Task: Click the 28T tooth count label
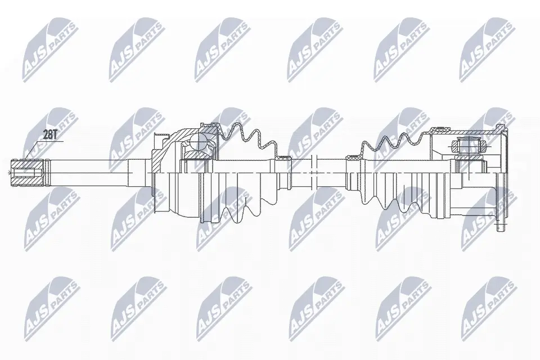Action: tap(49, 136)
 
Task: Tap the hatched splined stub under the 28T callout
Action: tap(28, 172)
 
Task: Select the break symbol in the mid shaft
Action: tap(313, 172)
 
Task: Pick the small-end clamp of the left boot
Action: tap(283, 158)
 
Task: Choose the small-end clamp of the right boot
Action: tap(354, 158)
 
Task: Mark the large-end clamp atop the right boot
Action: tap(440, 129)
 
